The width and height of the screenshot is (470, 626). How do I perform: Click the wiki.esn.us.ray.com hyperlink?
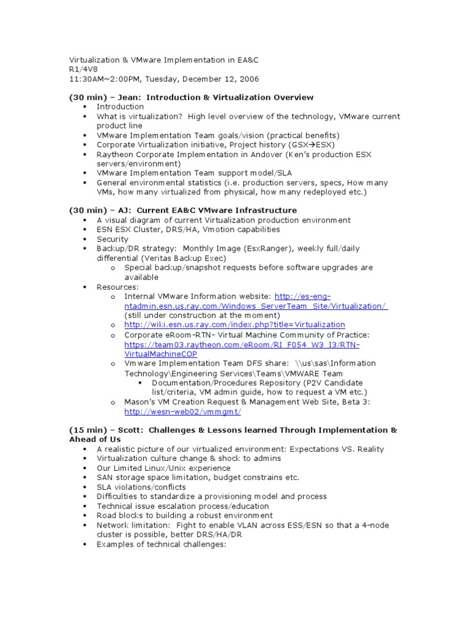[x=234, y=325]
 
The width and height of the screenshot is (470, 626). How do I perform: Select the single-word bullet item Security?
[x=113, y=239]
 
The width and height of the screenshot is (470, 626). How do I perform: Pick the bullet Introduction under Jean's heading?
[x=120, y=106]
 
